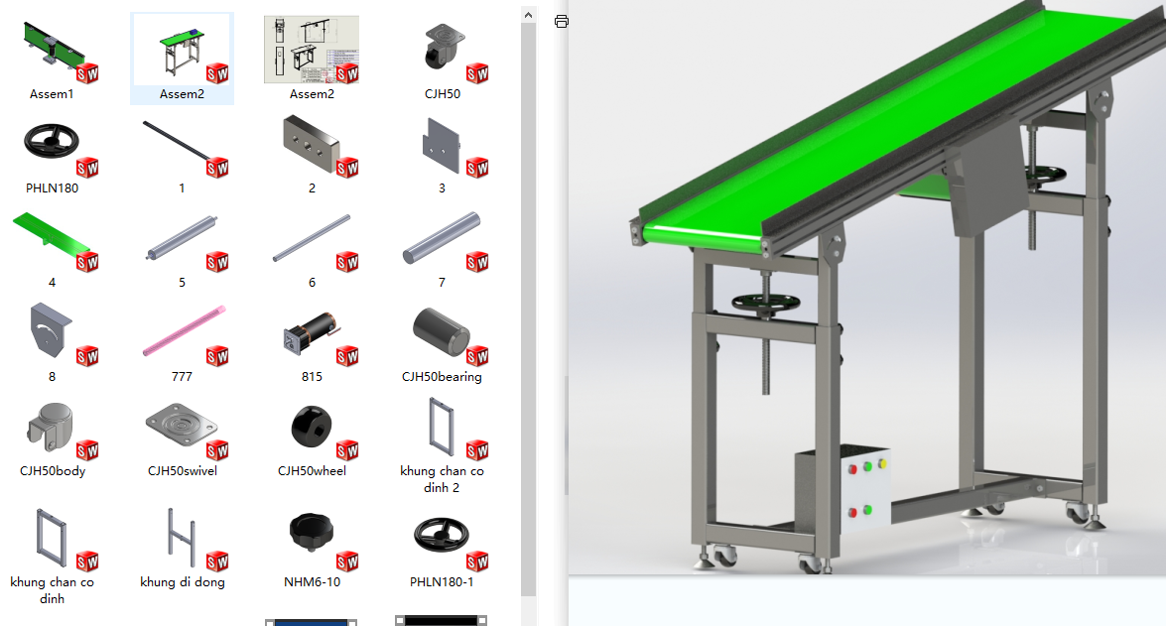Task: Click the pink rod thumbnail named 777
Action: point(184,330)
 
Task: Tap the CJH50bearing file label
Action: point(442,376)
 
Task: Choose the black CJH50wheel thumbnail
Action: point(312,427)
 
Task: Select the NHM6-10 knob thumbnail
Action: point(312,533)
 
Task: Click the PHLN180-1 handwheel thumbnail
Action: point(441,535)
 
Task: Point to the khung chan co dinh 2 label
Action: point(442,479)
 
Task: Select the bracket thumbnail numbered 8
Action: point(51,330)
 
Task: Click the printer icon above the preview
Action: point(562,22)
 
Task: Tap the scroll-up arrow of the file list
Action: point(528,15)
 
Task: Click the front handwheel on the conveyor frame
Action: point(765,303)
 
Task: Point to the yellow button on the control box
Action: point(882,464)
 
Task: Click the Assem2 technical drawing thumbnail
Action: point(312,49)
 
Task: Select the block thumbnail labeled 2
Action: point(312,144)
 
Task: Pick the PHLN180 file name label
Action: point(52,188)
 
